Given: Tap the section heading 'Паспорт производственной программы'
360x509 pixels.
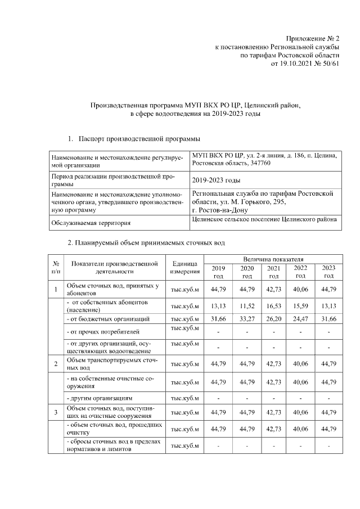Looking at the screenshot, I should pos(139,138).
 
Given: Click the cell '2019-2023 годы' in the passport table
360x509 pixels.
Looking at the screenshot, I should pos(216,181).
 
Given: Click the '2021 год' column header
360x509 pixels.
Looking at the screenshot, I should pos(273,272).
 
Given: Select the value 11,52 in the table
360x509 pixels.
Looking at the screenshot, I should pos(247,307).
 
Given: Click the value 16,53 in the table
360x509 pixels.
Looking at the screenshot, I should pos(273,307).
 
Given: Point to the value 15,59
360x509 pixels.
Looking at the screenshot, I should pos(300,307).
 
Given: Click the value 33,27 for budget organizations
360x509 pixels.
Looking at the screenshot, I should pos(247,319).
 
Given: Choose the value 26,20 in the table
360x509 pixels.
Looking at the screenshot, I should pos(273,319).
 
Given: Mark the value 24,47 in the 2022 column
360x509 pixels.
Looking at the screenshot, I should pos(300,319).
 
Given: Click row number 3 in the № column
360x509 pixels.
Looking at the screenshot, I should pos(56,413).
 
